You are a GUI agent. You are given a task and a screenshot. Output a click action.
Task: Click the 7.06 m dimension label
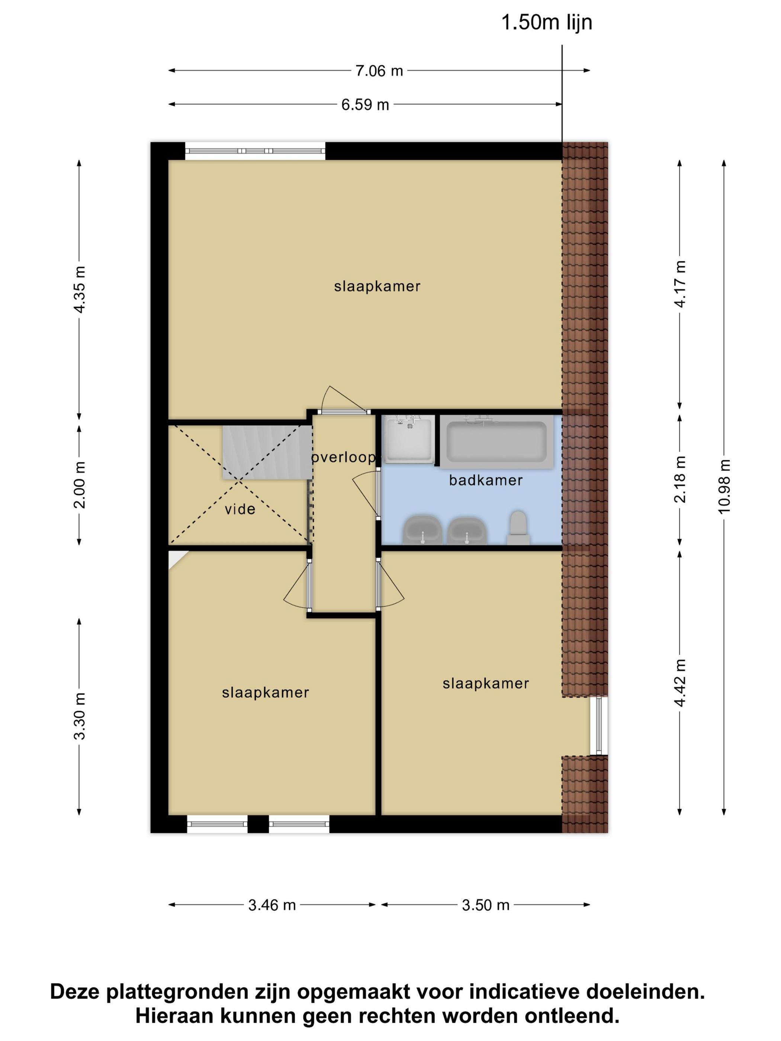click(x=379, y=71)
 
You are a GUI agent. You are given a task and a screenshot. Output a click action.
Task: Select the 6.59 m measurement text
click(x=365, y=104)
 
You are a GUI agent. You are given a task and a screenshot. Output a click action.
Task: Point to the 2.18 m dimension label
click(x=680, y=479)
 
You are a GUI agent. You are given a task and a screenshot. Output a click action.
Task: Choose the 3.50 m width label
click(x=486, y=905)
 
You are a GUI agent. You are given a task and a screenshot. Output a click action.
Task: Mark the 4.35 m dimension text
click(x=80, y=289)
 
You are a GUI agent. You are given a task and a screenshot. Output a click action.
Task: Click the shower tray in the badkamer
click(x=408, y=439)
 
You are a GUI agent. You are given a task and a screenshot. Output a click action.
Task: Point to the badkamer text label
click(x=486, y=480)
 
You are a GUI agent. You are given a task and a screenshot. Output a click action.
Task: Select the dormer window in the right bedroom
click(x=598, y=726)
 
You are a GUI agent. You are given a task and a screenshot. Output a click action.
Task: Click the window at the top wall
click(x=255, y=151)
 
